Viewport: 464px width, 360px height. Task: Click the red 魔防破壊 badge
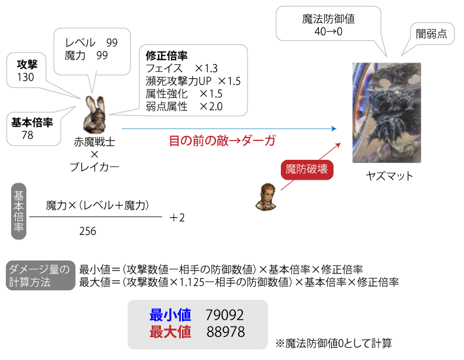[x=307, y=170]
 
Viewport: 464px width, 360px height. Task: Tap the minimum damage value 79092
[x=225, y=315]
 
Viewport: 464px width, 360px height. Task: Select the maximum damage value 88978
[x=225, y=332]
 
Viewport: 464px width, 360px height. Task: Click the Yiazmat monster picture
[x=386, y=112]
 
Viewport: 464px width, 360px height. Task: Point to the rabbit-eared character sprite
[x=95, y=115]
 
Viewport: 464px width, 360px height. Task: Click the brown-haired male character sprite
[x=266, y=197]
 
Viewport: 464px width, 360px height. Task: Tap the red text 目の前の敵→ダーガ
[x=222, y=140]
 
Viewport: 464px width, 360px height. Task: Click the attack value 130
[x=25, y=77]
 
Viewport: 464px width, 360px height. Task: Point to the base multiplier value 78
[x=28, y=135]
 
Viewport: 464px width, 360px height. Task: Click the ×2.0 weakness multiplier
[x=211, y=107]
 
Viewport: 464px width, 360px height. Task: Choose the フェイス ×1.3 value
[x=207, y=68]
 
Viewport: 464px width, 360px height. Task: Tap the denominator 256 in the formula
[x=88, y=231]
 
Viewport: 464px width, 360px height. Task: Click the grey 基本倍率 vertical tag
[x=19, y=211]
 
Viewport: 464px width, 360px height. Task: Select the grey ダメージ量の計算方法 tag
[x=40, y=276]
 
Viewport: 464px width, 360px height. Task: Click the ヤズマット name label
[x=390, y=176]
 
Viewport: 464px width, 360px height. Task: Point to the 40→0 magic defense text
[x=328, y=32]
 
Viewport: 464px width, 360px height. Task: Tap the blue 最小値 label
[x=170, y=315]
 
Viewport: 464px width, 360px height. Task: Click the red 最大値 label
[x=170, y=332]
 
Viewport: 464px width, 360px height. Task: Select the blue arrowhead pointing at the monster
[x=334, y=128]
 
